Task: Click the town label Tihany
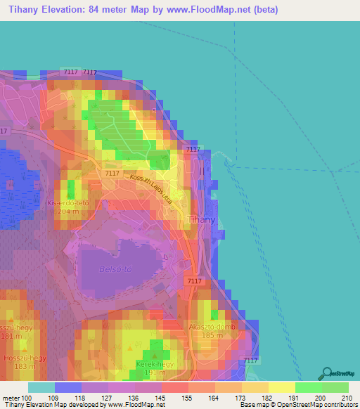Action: click(x=200, y=220)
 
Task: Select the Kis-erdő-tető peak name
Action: click(x=68, y=202)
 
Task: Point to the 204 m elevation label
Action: click(x=68, y=211)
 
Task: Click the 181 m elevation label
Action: click(x=10, y=336)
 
